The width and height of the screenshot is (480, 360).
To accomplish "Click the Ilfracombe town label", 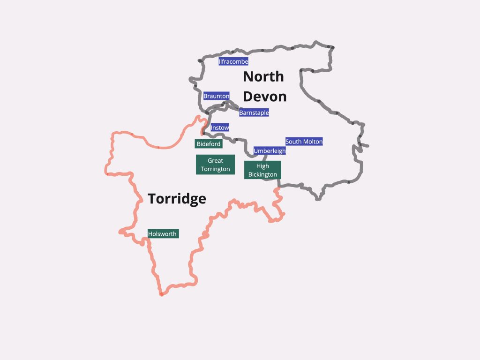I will pyautogui.click(x=233, y=61).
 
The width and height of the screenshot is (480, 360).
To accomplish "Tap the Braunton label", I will pyautogui.click(x=216, y=96).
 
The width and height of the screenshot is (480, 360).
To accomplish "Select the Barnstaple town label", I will pyautogui.click(x=254, y=112).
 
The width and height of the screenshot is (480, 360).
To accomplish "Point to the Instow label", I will pyautogui.click(x=220, y=127).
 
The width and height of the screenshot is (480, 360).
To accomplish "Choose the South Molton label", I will pyautogui.click(x=304, y=142).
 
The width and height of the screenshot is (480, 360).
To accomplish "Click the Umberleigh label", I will pyautogui.click(x=270, y=151).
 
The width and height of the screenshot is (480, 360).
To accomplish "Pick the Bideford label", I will pyautogui.click(x=209, y=144).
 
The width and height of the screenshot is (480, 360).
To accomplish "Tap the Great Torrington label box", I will pyautogui.click(x=216, y=165).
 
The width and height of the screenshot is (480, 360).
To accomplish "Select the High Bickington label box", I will pyautogui.click(x=262, y=170).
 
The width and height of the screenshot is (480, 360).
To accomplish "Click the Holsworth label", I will pyautogui.click(x=163, y=233).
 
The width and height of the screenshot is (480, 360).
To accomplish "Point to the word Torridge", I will pyautogui.click(x=177, y=199).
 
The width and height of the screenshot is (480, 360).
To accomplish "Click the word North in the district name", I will pyautogui.click(x=263, y=76).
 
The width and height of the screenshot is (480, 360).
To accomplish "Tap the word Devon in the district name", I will pyautogui.click(x=264, y=97).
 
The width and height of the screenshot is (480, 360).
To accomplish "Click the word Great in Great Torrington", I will pyautogui.click(x=216, y=161).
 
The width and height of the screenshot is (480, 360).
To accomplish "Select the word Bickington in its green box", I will pyautogui.click(x=262, y=175).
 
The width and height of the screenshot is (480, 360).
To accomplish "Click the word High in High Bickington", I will pyautogui.click(x=262, y=166).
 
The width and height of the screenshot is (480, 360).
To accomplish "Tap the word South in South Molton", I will pyautogui.click(x=294, y=142).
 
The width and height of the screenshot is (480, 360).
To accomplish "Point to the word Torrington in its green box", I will pyautogui.click(x=216, y=169).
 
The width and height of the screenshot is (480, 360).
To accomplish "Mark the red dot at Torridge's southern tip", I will pyautogui.click(x=161, y=294).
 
